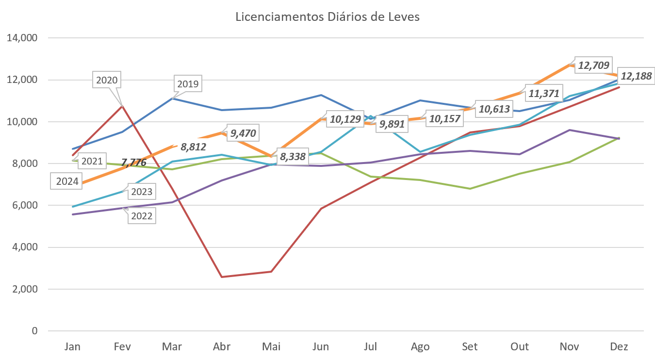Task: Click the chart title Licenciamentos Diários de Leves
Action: click(327, 17)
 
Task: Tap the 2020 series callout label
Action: click(107, 80)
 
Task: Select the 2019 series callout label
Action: click(188, 84)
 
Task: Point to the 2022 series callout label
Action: click(141, 216)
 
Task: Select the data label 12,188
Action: click(636, 76)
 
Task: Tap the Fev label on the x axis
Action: click(122, 347)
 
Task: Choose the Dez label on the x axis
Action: click(619, 347)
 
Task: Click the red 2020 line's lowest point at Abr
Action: click(222, 277)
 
